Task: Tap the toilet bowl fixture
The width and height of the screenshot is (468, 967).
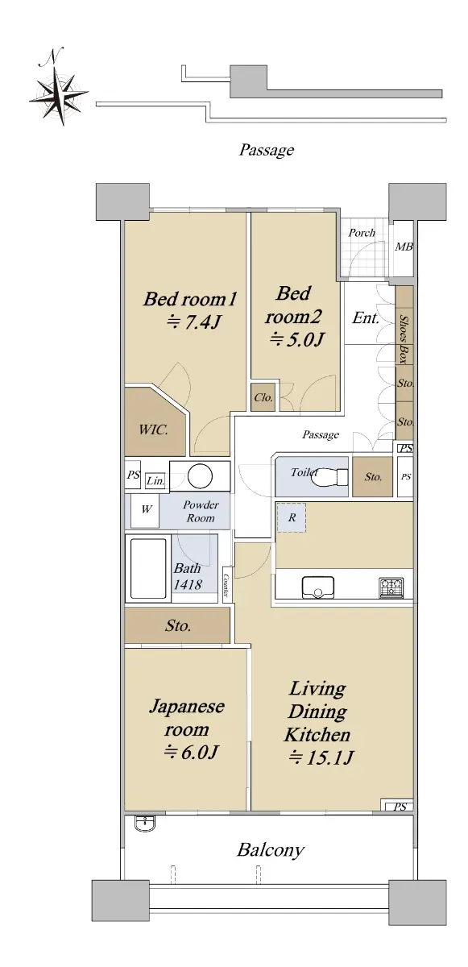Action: coord(329,477)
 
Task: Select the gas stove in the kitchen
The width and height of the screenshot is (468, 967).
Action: coord(391,587)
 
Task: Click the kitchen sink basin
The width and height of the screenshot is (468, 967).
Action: coord(318,587)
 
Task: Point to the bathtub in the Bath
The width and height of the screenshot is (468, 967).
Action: coord(148,569)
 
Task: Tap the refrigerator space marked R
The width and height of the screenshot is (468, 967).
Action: coord(292,517)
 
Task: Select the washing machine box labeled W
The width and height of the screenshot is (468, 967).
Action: coord(145,511)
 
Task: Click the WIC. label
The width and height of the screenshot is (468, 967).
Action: coord(154,430)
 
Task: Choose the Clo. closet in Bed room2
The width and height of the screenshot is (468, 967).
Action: coord(263,397)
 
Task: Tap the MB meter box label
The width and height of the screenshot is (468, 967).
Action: coord(404,247)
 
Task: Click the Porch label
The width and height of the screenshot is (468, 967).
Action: coord(362,233)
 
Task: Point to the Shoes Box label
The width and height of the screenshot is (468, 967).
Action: coord(404,339)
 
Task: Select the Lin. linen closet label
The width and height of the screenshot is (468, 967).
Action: coord(155,481)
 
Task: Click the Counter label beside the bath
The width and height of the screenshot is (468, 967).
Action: coord(226,585)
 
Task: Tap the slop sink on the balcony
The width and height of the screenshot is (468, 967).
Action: coord(145,823)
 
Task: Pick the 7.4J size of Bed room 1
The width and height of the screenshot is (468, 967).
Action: coord(194,322)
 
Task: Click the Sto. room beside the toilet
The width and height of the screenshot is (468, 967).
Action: coord(373,476)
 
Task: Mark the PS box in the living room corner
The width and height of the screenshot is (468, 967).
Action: coord(397,806)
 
